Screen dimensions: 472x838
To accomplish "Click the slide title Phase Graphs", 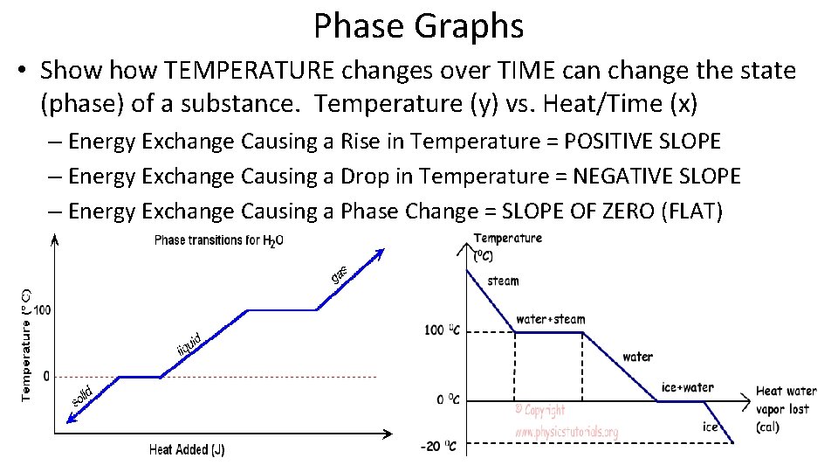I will pyautogui.click(x=419, y=26).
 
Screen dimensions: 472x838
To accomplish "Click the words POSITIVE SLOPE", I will pyautogui.click(x=642, y=141).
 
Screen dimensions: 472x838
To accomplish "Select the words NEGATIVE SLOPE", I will pyautogui.click(x=656, y=176).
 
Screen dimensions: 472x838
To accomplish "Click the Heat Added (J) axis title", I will pyautogui.click(x=187, y=450).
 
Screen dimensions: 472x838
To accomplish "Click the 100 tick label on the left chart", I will pyautogui.click(x=42, y=310).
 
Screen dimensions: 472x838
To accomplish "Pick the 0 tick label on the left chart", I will pyautogui.click(x=46, y=376).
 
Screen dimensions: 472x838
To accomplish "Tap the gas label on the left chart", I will pyautogui.click(x=340, y=274).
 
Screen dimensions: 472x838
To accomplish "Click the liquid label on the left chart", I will pyautogui.click(x=189, y=344).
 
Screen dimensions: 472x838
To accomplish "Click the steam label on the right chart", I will pyautogui.click(x=503, y=281).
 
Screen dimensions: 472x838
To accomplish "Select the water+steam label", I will pyautogui.click(x=550, y=319).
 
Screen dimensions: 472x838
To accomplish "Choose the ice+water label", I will pyautogui.click(x=688, y=387).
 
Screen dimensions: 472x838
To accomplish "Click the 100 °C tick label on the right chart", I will pyautogui.click(x=441, y=330).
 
